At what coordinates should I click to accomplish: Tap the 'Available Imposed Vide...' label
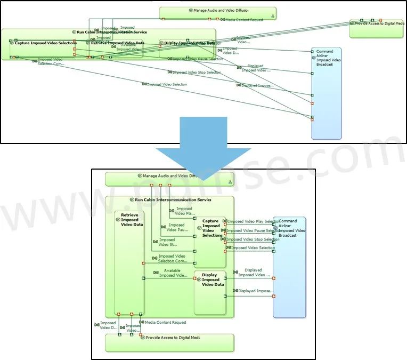[x=173, y=273]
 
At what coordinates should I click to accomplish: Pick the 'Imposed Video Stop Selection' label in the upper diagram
[x=197, y=72]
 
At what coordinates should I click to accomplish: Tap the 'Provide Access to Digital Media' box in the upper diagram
[x=376, y=29]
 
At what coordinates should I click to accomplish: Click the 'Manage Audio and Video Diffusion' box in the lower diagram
[x=169, y=179]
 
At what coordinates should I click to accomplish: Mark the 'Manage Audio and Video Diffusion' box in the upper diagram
[x=218, y=13]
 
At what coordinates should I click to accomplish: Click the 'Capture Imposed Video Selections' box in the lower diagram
[x=210, y=245]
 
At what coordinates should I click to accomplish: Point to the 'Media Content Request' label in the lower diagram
[x=165, y=322]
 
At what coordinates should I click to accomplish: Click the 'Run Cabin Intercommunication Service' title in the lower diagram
[x=173, y=200]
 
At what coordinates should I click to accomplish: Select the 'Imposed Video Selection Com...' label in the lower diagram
[x=173, y=259]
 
